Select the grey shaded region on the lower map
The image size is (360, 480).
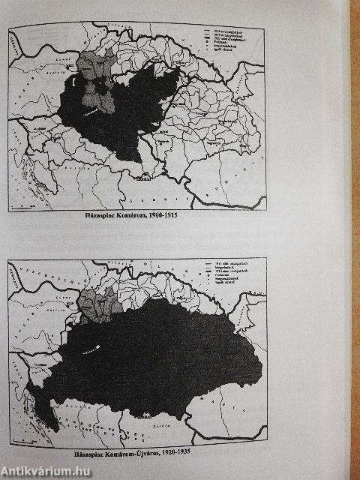(97, 304)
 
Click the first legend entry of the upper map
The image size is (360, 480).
(221, 31)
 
